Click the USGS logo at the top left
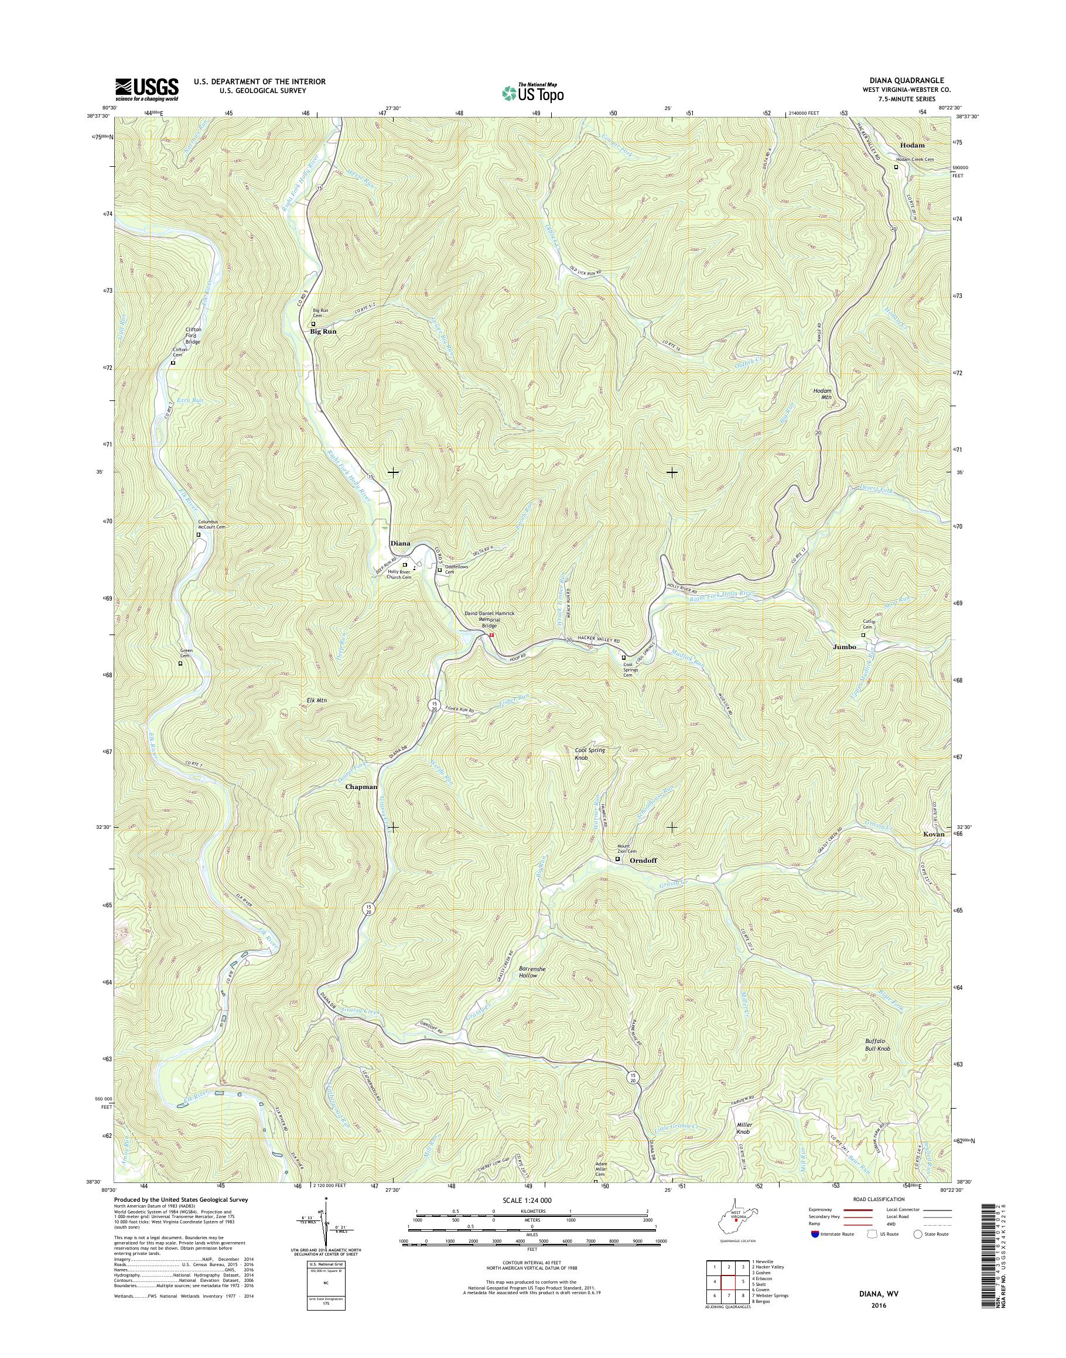click(146, 89)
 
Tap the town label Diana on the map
click(400, 543)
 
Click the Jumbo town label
click(845, 647)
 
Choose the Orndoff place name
click(644, 860)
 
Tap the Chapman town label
click(361, 787)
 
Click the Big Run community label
click(323, 332)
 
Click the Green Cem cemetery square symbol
click(180, 664)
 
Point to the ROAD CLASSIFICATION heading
click(878, 1199)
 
